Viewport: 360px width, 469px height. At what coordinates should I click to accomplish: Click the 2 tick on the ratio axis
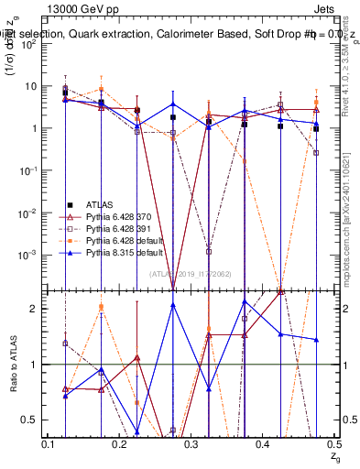(x=38, y=309)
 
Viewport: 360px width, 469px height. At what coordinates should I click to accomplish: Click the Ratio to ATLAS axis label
(x=12, y=363)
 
